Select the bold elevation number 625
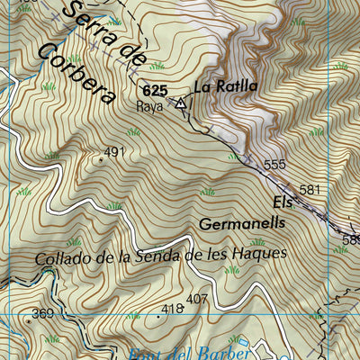pos(155,91)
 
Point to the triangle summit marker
pos(181,103)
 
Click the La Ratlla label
pos(225,87)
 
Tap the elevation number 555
pos(274,165)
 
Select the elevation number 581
pos(310,190)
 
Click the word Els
pos(282,202)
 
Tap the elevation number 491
pos(114,152)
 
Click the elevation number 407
pos(197,299)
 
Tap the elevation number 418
pos(171,309)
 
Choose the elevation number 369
pos(42,313)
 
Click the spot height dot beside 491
pos(100,159)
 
